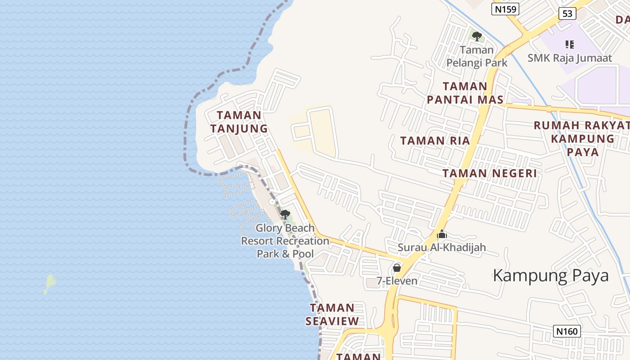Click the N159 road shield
(505, 9)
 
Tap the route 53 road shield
(567, 13)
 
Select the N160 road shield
(567, 332)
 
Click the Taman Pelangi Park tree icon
(477, 36)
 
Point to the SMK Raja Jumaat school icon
(569, 45)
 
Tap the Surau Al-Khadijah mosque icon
(442, 234)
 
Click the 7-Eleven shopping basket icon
(397, 268)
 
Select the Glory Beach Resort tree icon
(285, 214)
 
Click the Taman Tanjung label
(239, 122)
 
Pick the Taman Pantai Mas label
(465, 93)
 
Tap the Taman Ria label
(435, 141)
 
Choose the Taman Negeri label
(490, 173)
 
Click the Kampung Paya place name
(551, 275)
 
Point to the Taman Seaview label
(332, 315)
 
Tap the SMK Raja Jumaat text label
(570, 58)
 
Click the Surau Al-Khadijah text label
(442, 247)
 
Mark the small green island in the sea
(50, 283)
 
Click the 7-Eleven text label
(397, 281)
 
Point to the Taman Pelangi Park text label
(477, 56)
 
